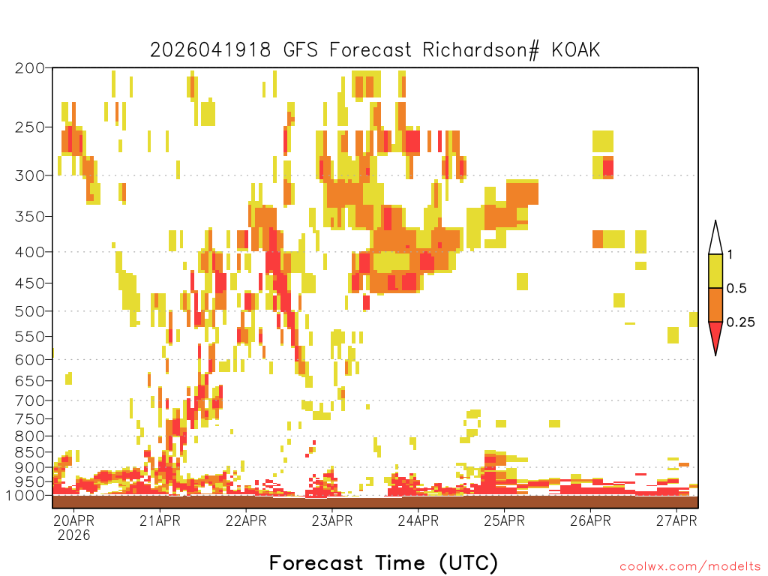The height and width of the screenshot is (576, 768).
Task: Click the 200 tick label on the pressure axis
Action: point(29,68)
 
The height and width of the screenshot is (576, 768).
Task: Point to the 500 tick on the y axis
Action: point(29,311)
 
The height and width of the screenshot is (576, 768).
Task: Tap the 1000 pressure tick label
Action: point(25,496)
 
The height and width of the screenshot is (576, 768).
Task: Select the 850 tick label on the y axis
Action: point(29,452)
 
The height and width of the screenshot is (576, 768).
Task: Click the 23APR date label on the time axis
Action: point(332,520)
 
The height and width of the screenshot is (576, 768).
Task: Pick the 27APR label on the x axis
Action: point(676,520)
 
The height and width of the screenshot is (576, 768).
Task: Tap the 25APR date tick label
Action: point(505,520)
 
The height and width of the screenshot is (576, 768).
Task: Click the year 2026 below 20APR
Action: point(74,535)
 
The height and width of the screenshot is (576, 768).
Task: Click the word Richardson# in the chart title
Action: point(481,50)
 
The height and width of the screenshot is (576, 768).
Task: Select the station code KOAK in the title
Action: point(575,50)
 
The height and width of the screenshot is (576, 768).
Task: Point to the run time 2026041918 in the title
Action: point(210,50)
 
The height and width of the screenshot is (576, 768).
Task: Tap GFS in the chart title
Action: point(300,50)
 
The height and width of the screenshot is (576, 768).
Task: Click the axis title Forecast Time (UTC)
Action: point(383,563)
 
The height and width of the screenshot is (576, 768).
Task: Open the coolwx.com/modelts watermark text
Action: point(690,567)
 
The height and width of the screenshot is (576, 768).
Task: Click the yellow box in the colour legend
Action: point(715,271)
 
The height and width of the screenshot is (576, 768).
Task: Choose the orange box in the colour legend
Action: point(715,304)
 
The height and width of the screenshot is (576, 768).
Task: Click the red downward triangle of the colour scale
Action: point(715,335)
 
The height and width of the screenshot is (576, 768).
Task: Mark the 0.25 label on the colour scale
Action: point(740,322)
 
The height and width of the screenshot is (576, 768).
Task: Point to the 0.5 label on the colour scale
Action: point(736,289)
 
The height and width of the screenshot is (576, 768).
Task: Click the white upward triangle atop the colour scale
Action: point(715,241)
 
